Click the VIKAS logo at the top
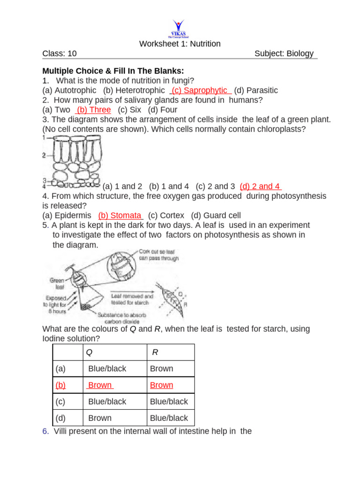coord(179,29)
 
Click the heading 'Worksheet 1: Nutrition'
coord(180,44)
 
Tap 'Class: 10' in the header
coord(60,54)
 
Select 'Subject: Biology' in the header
coord(284,54)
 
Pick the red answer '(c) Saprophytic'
coord(201,90)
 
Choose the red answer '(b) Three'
coord(93,110)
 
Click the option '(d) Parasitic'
coord(256,90)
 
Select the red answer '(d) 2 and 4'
coord(260,186)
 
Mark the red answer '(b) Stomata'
coord(120,216)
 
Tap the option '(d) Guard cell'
coord(216,216)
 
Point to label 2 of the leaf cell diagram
coord(44,155)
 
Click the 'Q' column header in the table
coord(90,352)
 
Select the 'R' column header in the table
coord(155,352)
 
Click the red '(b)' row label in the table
coord(60,385)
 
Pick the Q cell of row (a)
coord(107,369)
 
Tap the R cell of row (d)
coord(169,418)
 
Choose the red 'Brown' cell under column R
coord(161,385)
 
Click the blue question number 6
coord(45,431)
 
